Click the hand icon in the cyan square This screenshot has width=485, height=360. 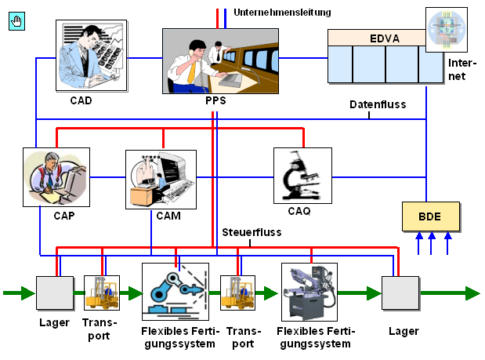tap(16, 21)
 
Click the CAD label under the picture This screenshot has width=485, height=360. tap(81, 100)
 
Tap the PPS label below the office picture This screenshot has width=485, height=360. tap(215, 100)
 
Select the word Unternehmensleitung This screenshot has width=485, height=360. tap(282, 13)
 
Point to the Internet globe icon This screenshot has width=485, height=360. tap(447, 30)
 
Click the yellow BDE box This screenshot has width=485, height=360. tap(431, 216)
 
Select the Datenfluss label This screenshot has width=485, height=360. tap(378, 104)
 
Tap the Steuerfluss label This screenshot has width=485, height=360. tap(252, 232)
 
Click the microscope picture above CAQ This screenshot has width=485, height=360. tap(302, 176)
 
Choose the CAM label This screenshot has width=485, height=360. tap(168, 216)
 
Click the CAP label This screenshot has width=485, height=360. tap(64, 216)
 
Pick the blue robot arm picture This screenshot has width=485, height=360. tap(176, 292)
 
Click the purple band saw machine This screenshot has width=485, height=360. tap(309, 292)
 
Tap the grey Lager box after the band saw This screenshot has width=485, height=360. tap(400, 293)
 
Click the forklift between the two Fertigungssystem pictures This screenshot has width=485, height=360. tap(237, 293)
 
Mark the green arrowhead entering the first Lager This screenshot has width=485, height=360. tap(28, 293)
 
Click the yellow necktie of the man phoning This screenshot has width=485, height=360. tap(193, 72)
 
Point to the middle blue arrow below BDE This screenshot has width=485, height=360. tap(431, 243)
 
